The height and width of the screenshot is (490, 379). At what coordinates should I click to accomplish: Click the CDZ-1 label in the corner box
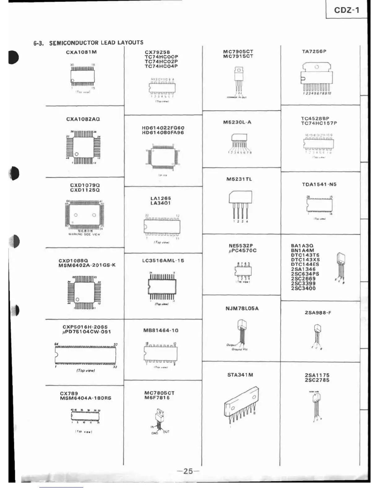pos(346,10)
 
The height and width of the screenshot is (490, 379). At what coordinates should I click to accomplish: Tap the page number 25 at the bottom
pos(188,471)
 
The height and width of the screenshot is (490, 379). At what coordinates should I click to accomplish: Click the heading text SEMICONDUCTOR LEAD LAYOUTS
pos(96,43)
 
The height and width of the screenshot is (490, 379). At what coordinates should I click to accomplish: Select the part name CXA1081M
pos(81,52)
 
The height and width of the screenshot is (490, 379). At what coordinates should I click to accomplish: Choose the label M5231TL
pos(239,179)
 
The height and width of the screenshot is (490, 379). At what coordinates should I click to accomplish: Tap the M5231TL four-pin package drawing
pos(240,204)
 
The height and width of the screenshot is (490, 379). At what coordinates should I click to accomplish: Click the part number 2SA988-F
pos(318,313)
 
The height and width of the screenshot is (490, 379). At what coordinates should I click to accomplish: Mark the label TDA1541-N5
pos(319,185)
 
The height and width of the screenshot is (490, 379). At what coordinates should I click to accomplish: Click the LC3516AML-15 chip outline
pos(162,286)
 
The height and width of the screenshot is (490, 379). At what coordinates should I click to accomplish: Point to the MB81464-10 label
pos(161,331)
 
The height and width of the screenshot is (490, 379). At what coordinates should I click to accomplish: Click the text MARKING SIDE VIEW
pos(84,234)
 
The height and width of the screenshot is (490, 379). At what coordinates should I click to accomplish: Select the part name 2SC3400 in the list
pos(303,289)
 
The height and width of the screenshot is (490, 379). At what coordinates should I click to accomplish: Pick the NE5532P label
pos(241,246)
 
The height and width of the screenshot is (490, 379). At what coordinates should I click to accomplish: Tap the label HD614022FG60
pos(163,128)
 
